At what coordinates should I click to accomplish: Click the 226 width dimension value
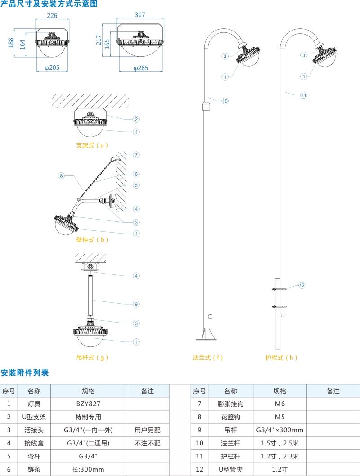[53, 16]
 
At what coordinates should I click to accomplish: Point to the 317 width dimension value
[140, 15]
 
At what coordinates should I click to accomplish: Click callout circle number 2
[136, 119]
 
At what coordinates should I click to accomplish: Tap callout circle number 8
[62, 175]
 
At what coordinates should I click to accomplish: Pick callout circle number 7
[136, 155]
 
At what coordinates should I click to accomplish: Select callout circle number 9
[136, 304]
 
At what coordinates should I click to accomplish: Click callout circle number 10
[225, 101]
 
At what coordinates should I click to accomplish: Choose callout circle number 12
[302, 285]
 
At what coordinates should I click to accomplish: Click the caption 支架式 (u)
[92, 145]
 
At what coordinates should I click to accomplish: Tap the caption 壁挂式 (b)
[92, 240]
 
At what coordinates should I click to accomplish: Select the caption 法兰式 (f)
[207, 358]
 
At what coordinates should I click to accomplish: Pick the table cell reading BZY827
[88, 404]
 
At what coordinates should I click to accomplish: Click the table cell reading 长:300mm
[88, 469]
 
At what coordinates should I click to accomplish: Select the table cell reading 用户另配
[147, 430]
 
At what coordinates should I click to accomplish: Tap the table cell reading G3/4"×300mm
[279, 430]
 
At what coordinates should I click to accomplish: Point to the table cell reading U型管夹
[230, 469]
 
